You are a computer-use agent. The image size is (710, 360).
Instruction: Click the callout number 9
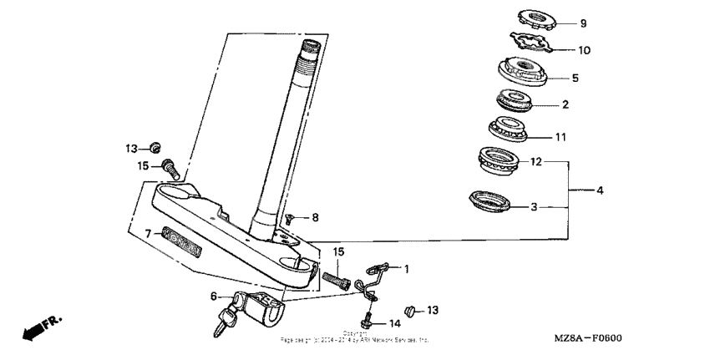click(x=583, y=23)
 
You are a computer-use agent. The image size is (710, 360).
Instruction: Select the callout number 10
click(x=585, y=50)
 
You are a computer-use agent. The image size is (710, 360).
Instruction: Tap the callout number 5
click(x=575, y=78)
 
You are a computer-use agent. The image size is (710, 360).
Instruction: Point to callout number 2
click(x=565, y=105)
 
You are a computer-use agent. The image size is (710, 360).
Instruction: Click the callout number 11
click(x=561, y=135)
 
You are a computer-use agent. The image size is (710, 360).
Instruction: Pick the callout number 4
click(x=599, y=190)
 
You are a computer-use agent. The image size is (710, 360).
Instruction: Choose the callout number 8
click(x=315, y=218)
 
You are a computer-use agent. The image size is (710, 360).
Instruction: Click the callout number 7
click(x=148, y=235)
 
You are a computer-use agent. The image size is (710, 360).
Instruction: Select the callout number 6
click(x=214, y=295)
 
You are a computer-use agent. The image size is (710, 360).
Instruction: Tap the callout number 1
click(x=407, y=269)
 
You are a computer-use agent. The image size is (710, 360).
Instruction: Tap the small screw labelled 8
click(x=288, y=218)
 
